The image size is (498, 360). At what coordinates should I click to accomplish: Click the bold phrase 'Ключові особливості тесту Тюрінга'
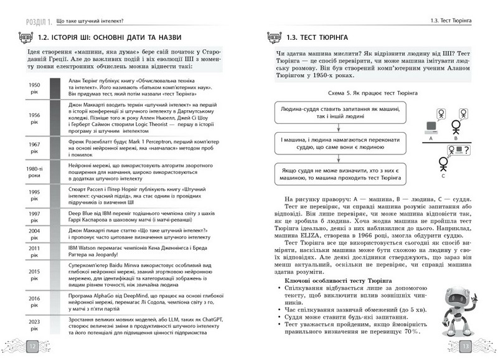[334, 285]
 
